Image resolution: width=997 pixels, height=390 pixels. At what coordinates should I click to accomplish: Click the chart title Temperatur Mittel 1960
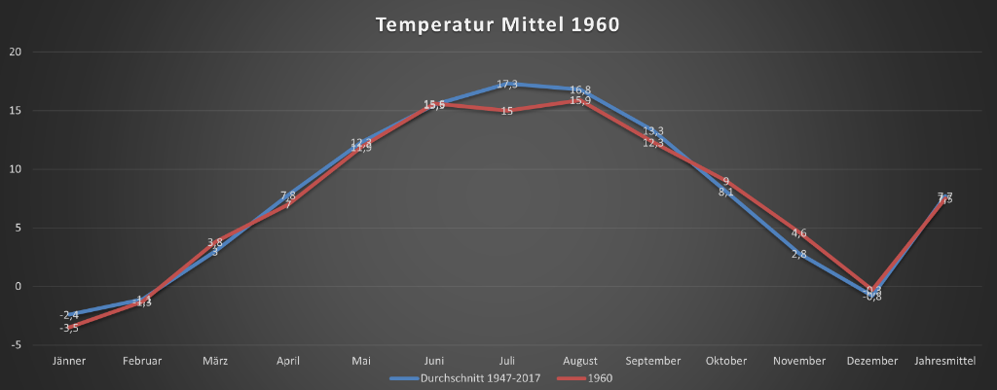[x=498, y=25]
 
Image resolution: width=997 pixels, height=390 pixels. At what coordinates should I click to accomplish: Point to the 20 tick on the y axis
[x=15, y=52]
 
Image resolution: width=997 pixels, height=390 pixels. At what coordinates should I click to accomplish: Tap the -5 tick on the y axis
[x=15, y=345]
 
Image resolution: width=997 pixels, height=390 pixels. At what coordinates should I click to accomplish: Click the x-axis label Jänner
[x=69, y=361]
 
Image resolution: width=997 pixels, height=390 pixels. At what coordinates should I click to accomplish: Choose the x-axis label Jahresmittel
[x=944, y=361]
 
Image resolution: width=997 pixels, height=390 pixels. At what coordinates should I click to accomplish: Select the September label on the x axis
[x=653, y=361]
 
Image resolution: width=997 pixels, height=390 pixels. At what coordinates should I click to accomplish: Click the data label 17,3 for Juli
[x=507, y=85]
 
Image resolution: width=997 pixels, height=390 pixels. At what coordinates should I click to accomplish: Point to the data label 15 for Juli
[x=507, y=112]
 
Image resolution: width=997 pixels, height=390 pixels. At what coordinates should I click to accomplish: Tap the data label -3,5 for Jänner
[x=69, y=329]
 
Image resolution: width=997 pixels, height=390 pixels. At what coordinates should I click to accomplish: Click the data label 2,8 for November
[x=798, y=255]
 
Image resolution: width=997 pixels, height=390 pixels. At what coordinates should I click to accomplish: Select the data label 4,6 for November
[x=798, y=233]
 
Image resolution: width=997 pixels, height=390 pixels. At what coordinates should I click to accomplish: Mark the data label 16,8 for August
[x=580, y=90]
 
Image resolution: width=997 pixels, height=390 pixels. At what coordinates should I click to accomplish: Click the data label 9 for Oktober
[x=726, y=182]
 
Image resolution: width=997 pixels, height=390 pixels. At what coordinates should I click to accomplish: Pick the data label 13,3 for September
[x=653, y=131]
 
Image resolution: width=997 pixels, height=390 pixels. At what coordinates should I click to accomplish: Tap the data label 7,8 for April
[x=288, y=195]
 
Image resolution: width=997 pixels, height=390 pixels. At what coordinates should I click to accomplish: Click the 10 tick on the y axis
[x=15, y=169]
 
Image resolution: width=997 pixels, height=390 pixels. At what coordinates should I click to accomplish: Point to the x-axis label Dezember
[x=871, y=361]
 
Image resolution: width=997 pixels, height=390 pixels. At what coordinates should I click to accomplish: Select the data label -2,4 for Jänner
[x=69, y=315]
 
